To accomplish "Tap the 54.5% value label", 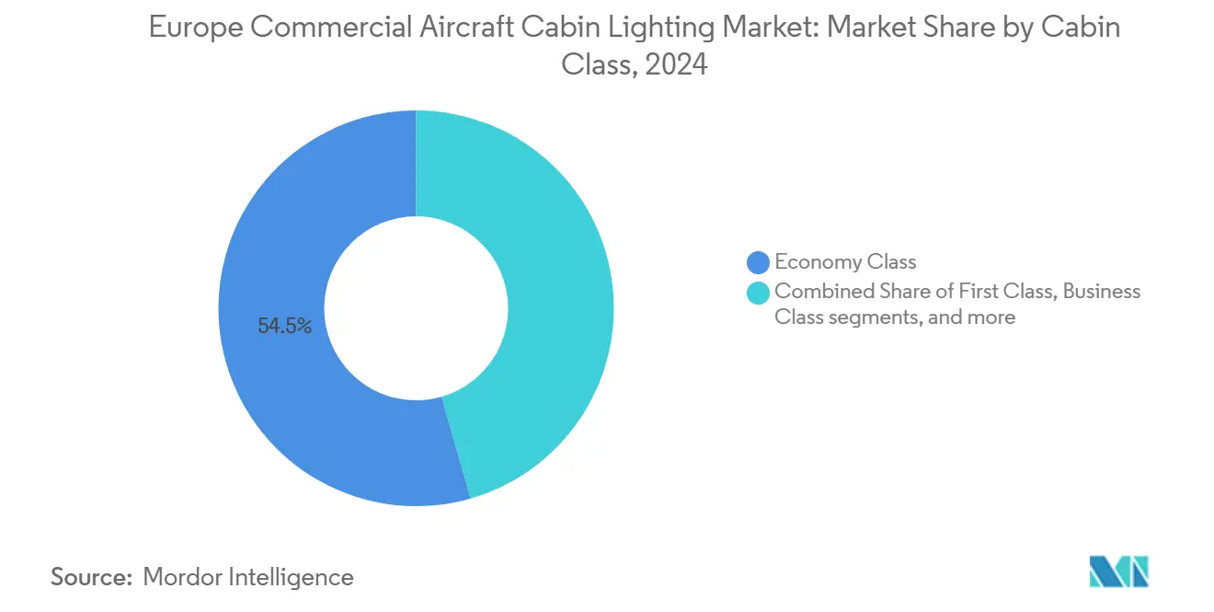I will click(285, 326).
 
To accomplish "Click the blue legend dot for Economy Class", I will click(758, 262).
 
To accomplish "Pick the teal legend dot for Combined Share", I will click(758, 292).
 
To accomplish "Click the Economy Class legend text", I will click(845, 262).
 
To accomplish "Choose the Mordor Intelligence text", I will click(248, 577).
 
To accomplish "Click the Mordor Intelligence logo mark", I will click(1118, 572).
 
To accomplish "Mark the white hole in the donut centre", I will click(416, 308).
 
